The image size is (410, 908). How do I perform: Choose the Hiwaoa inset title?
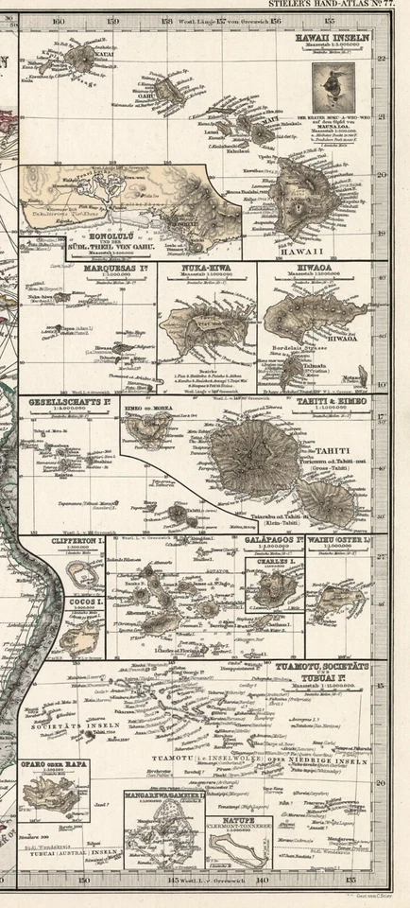302,269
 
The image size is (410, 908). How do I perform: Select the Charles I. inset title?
275,564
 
